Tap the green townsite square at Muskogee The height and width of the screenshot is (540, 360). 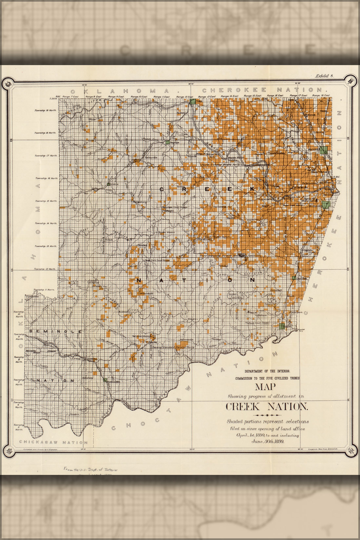(326, 205)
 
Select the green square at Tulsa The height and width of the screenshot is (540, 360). (192, 101)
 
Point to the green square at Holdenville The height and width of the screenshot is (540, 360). (105, 380)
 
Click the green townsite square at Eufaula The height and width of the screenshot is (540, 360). (282, 326)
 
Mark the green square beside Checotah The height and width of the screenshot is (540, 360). (294, 278)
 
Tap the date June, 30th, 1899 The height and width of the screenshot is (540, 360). (268, 441)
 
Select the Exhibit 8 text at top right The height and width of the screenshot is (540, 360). (324, 76)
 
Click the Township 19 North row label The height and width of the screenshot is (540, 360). (46, 111)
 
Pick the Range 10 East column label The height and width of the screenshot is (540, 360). (139, 97)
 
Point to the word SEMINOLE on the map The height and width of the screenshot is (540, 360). (55, 331)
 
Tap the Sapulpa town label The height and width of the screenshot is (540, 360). (174, 143)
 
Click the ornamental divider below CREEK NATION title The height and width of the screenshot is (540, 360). (267, 415)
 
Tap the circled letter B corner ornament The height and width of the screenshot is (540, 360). (350, 81)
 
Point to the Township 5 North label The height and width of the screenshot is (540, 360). (19, 427)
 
